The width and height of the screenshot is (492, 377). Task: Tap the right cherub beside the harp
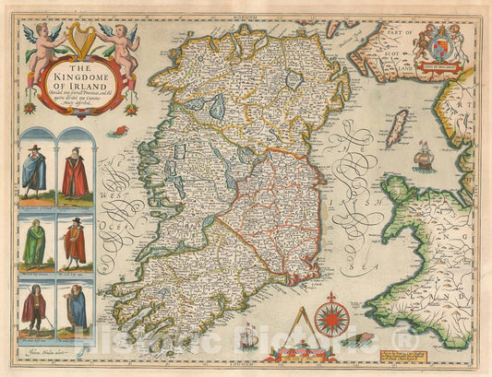pos(125,41)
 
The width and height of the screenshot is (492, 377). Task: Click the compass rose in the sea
pos(331,318)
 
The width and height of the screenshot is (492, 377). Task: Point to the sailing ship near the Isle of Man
pos(425,155)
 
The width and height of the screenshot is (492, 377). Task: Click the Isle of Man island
pos(397,128)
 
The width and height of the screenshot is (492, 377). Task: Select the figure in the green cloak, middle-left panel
pos(36,243)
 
